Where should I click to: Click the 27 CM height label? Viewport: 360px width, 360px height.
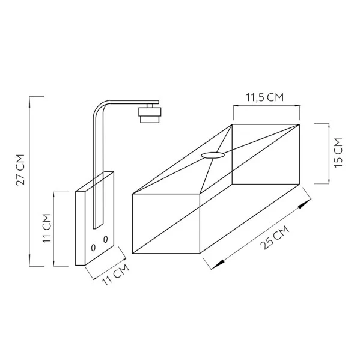click(20, 169)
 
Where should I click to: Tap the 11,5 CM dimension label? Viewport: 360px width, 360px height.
click(265, 97)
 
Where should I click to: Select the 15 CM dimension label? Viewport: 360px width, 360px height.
click(338, 153)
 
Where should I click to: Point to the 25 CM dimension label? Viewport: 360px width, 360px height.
click(275, 237)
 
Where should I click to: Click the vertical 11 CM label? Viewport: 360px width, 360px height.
click(47, 228)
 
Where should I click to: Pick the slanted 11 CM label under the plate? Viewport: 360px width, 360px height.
click(115, 275)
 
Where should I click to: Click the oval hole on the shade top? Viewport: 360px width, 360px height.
click(213, 156)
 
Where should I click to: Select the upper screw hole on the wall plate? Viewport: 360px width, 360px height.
click(105, 239)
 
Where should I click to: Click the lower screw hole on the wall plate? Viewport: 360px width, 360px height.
click(93, 248)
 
